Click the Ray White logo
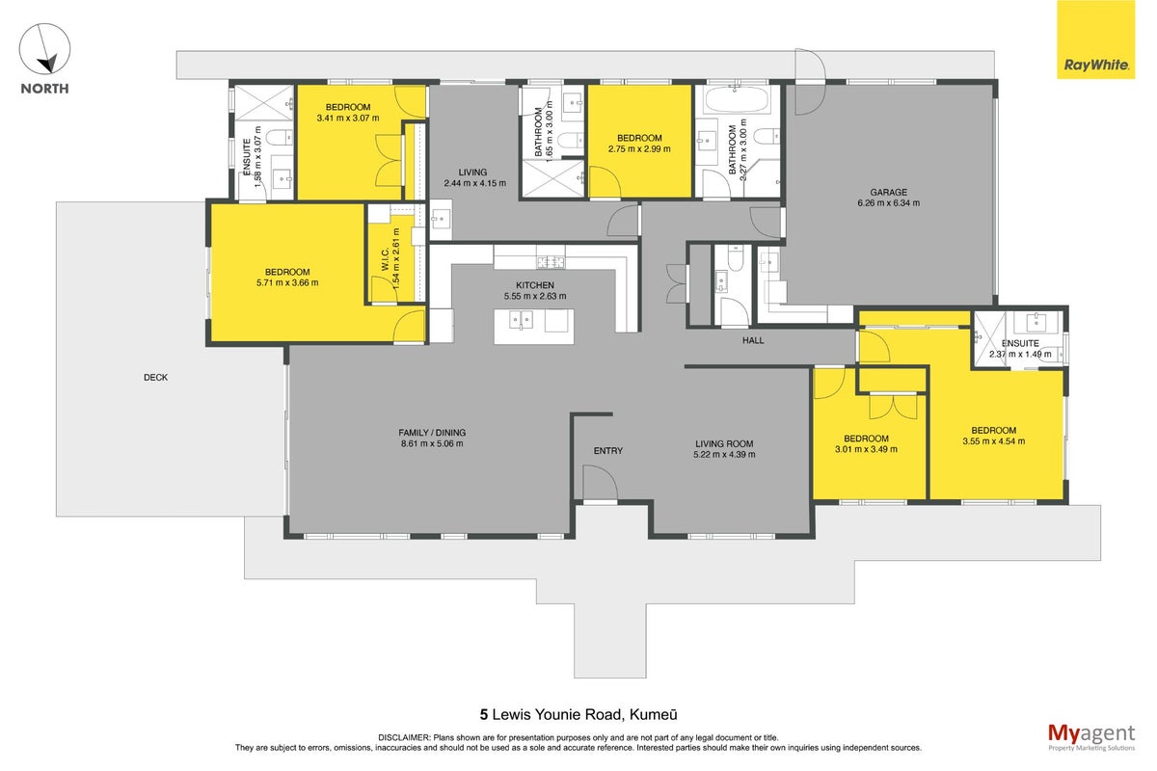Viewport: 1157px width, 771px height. [x=1095, y=40]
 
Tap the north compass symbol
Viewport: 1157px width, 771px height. [x=44, y=49]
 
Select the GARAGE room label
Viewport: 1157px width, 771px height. [x=888, y=192]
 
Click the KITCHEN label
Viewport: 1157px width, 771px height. [x=535, y=285]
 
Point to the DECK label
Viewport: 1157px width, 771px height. [x=155, y=378]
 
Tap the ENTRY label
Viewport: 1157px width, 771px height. [x=608, y=451]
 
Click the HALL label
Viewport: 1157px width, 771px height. [x=753, y=340]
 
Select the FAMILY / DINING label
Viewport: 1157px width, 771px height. [x=432, y=433]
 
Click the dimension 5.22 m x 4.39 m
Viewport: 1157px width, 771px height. [x=724, y=455]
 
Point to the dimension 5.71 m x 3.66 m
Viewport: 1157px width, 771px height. [x=287, y=282]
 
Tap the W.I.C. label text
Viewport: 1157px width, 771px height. [x=385, y=258]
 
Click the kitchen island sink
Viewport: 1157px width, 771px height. [x=521, y=320]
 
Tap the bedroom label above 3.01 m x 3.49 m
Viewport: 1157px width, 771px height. [x=866, y=439]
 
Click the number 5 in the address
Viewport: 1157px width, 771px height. [x=483, y=715]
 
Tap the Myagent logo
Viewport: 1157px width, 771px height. [x=1091, y=737]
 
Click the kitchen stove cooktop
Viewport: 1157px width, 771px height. [x=551, y=262]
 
